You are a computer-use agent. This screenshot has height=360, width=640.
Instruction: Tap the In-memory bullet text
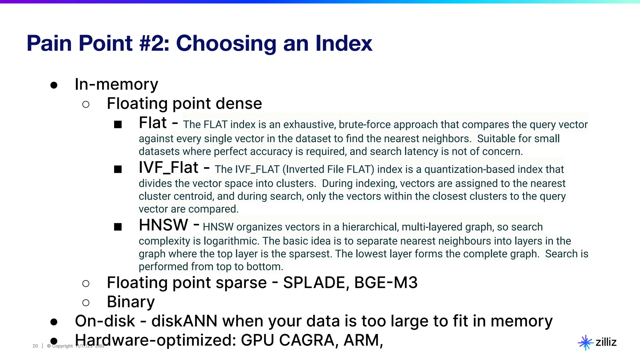pos(116,84)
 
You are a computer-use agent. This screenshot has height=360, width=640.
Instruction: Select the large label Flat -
pos(158,123)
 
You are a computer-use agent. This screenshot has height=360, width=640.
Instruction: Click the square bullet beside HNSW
pos(118,227)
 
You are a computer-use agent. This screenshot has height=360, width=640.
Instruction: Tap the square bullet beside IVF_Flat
pos(118,169)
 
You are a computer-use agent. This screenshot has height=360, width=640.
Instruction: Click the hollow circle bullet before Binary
pos(86,302)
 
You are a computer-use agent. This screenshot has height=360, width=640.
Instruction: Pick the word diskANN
pos(184,321)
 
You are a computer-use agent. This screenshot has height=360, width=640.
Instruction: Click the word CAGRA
pos(307,340)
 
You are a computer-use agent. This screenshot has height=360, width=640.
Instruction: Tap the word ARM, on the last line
pos(363,340)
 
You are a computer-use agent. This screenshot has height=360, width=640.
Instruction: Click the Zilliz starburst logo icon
pos(585,343)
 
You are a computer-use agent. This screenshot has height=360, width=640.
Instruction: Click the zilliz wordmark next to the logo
pos(606,342)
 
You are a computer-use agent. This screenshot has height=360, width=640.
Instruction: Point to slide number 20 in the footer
pos(35,346)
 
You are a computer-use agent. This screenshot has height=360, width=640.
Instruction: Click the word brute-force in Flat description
pos(365,125)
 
